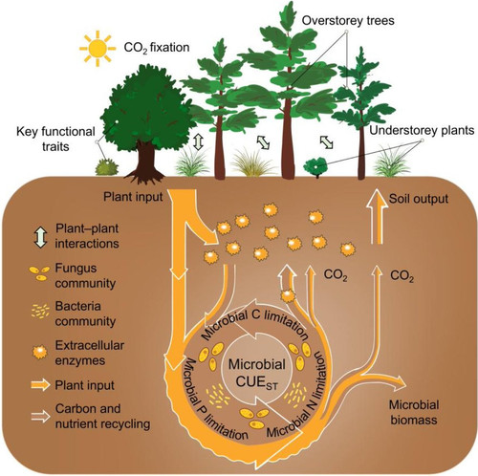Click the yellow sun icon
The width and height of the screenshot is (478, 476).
click(98, 49)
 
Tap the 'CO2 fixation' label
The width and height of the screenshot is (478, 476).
click(157, 48)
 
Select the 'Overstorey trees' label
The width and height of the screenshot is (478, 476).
click(348, 21)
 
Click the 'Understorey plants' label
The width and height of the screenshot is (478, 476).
click(422, 131)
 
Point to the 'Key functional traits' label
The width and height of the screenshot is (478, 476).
click(55, 139)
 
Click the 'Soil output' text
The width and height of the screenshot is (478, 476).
click(419, 199)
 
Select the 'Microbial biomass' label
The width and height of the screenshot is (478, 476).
click(414, 412)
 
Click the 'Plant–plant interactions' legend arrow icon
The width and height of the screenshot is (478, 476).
click(40, 237)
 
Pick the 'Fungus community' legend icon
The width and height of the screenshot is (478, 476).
click(39, 273)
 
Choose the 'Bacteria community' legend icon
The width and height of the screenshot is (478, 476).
click(40, 312)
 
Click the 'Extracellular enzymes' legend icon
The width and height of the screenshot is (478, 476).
click(40, 352)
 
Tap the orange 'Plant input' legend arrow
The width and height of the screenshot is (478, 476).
click(40, 385)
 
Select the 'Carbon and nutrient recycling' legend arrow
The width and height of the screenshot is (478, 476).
click(40, 416)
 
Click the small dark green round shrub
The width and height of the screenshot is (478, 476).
click(315, 166)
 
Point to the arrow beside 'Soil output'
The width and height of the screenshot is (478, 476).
click(378, 216)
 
